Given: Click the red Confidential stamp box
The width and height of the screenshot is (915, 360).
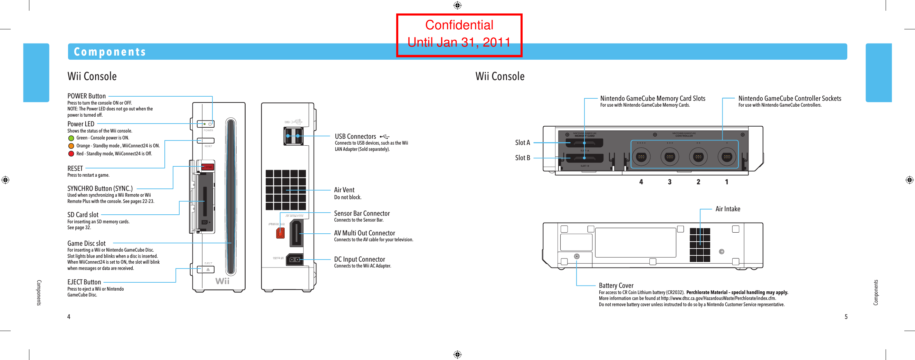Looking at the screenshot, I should [x=459, y=35].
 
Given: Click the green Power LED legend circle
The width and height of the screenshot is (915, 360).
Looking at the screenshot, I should [x=71, y=138].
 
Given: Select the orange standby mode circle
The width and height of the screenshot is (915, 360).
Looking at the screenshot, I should [x=71, y=146].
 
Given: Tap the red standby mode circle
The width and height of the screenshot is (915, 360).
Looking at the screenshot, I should [x=71, y=154].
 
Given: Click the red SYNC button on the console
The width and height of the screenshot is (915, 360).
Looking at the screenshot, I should [x=208, y=167].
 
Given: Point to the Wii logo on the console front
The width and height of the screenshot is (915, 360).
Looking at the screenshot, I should [x=222, y=281].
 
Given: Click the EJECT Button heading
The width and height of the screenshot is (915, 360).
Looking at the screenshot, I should [x=84, y=282].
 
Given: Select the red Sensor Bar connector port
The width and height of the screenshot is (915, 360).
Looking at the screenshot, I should [x=280, y=233].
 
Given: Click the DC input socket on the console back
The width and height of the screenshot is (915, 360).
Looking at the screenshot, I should [x=294, y=260].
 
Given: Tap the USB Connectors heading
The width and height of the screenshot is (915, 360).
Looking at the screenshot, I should [x=355, y=136].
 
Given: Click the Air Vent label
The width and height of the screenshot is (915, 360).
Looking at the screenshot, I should [x=344, y=190].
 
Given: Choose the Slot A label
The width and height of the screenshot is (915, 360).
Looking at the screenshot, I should [x=522, y=142].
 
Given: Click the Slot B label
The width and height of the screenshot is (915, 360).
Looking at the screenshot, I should [x=522, y=158].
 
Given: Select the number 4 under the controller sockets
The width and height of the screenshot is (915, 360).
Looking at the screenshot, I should [x=641, y=182].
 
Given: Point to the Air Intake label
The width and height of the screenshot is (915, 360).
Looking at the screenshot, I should [x=727, y=209].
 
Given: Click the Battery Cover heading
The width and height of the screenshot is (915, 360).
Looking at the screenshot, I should [x=616, y=285].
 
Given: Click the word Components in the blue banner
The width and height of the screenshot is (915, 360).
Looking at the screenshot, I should [x=110, y=52].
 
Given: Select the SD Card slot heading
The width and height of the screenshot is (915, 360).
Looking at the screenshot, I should [x=83, y=215].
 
